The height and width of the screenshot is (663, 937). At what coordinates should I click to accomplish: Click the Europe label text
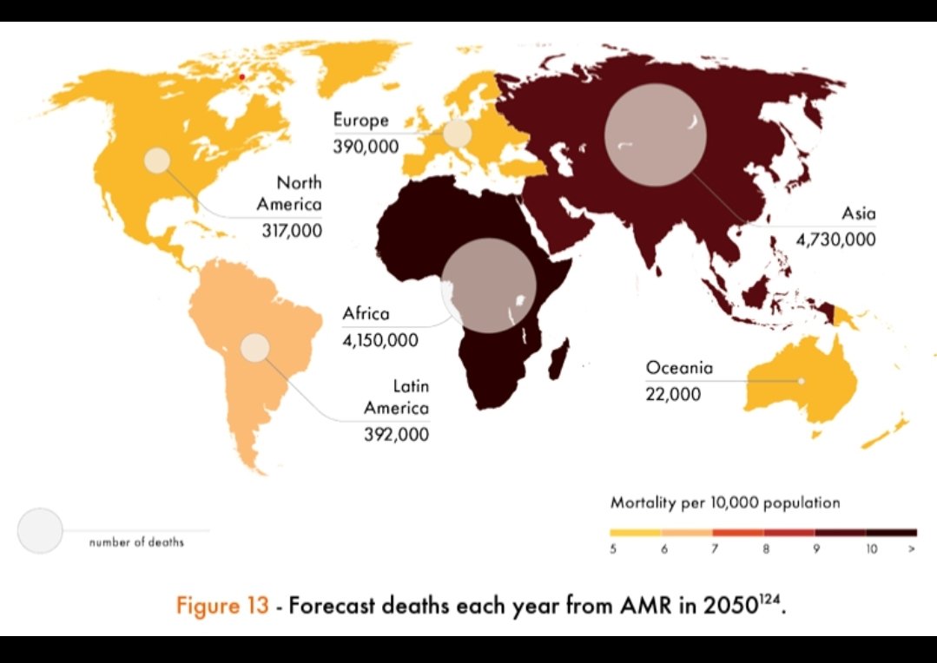pos(360,121)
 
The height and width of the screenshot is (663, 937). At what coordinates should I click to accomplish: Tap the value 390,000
pos(366,147)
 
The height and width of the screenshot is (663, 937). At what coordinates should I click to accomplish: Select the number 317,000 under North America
pos(291,231)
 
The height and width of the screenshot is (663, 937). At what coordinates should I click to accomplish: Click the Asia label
pos(858,213)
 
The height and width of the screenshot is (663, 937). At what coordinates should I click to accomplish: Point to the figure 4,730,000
pos(835,240)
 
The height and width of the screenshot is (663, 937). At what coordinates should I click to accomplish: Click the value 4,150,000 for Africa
pos(379,339)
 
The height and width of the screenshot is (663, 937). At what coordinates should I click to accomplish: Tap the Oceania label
pos(679,368)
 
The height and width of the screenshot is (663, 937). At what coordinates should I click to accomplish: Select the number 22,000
pos(672,394)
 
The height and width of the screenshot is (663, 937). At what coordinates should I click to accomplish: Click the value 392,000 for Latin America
pos(395,434)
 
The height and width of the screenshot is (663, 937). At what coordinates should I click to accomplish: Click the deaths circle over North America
pos(157,161)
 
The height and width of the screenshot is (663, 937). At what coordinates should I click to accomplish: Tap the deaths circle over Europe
pos(457,134)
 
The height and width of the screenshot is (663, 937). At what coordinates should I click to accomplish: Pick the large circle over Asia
pos(655,136)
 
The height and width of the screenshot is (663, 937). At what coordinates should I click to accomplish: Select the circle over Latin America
pos(255,347)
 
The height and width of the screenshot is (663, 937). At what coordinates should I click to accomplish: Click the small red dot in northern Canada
pos(242,77)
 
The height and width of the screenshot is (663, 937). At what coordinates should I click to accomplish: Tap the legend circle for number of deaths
pos(40,530)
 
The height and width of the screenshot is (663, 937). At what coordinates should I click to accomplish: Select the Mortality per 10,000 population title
pos(725,502)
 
